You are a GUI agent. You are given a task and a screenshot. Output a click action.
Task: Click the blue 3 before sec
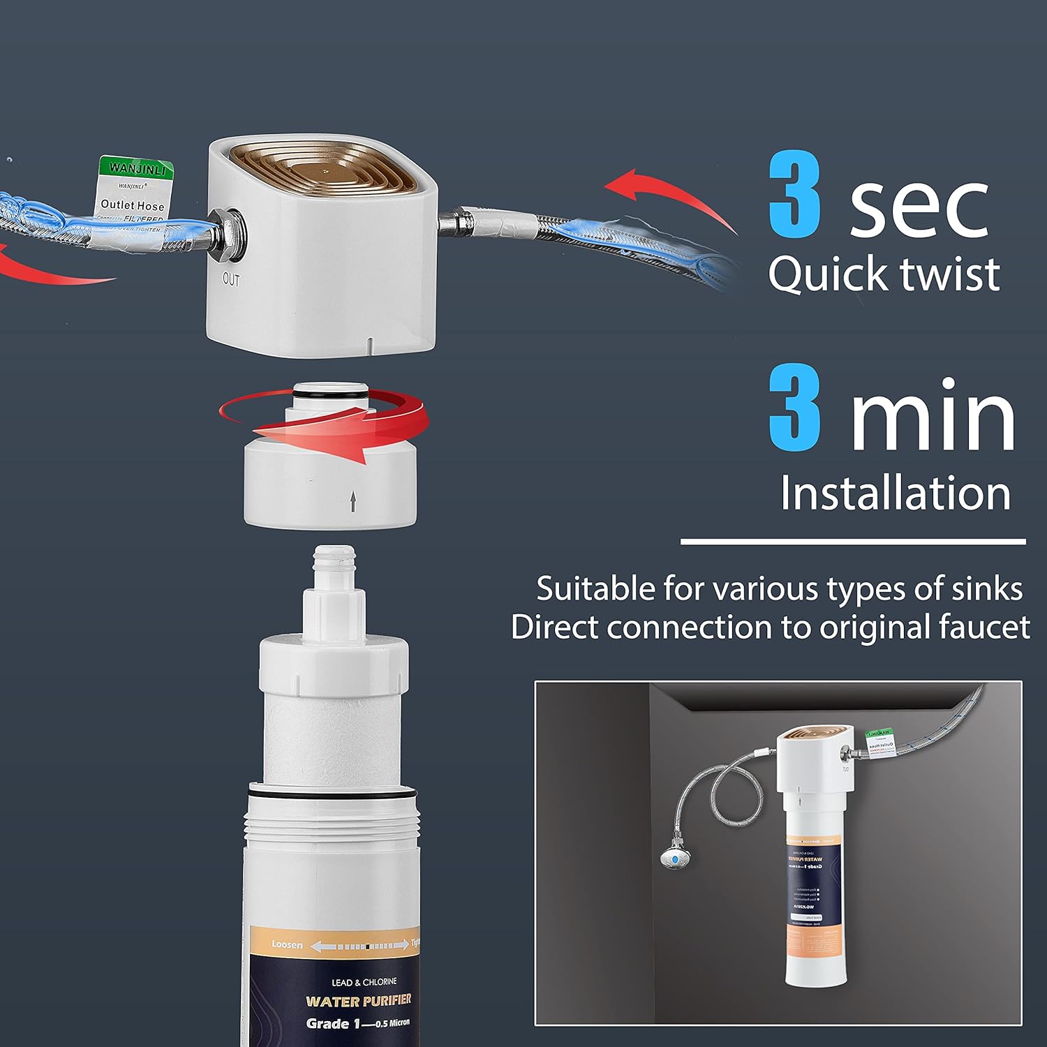click(794, 195)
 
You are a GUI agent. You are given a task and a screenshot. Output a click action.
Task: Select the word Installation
click(895, 493)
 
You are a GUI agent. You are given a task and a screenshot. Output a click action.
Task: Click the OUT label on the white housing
click(231, 280)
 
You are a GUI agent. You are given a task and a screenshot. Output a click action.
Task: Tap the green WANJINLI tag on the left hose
click(137, 168)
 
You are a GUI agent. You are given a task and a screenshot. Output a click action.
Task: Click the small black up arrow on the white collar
click(353, 500)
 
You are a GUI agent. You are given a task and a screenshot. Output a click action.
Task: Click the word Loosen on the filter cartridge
click(287, 944)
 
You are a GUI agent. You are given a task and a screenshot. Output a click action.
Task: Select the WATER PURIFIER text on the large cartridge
click(359, 1001)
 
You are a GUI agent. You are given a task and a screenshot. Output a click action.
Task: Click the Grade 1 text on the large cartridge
click(328, 1024)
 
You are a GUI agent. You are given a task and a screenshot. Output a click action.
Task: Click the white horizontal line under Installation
click(853, 541)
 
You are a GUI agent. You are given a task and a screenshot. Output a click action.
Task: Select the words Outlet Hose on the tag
click(132, 205)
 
